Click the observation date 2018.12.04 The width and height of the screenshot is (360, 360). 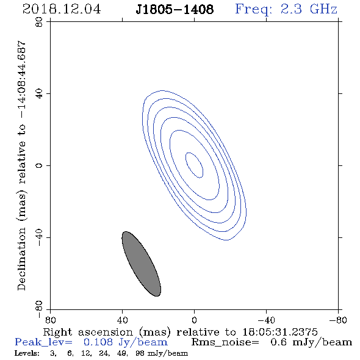(x=62, y=9)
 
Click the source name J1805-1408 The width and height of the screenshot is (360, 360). (x=175, y=9)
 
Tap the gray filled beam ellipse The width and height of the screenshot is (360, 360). (x=141, y=264)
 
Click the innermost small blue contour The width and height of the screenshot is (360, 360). (x=194, y=165)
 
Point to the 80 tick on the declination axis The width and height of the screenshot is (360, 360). (x=39, y=22)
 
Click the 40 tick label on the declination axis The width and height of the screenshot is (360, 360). (x=39, y=94)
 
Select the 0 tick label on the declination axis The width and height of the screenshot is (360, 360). (x=39, y=165)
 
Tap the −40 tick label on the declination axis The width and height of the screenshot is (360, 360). (x=39, y=237)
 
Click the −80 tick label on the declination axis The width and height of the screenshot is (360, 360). (x=39, y=309)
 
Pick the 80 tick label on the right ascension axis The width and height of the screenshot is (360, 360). (x=50, y=320)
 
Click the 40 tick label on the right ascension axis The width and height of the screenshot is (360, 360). (x=122, y=320)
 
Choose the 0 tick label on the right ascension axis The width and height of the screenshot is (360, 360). (x=194, y=320)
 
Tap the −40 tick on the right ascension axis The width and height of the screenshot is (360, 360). (x=266, y=320)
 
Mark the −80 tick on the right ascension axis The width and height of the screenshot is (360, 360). (x=338, y=320)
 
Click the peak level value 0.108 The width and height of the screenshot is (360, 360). (x=98, y=342)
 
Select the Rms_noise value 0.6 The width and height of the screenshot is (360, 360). (x=278, y=342)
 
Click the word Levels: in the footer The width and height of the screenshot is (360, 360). (x=27, y=353)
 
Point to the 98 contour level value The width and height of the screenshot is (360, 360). (x=140, y=353)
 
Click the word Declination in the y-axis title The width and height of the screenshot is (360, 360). (x=21, y=259)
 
